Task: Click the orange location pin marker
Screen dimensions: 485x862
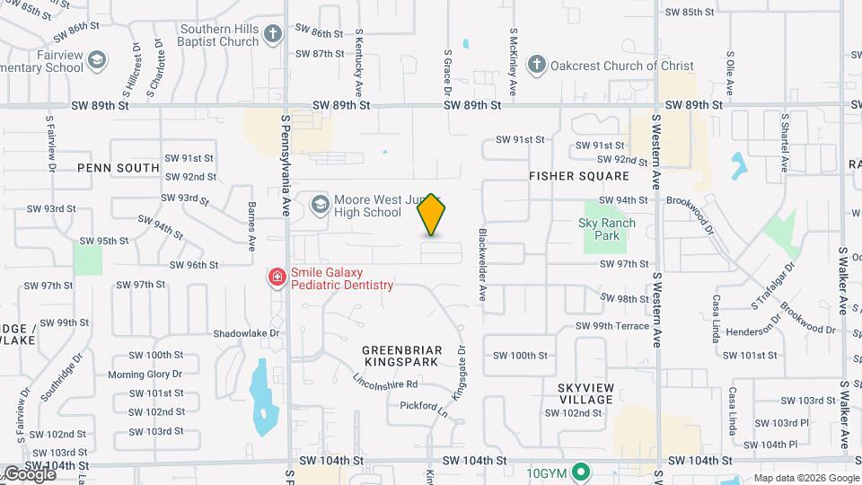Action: [x=432, y=215]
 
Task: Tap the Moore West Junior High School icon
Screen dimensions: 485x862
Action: [x=320, y=205]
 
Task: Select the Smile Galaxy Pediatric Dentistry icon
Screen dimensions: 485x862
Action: [x=277, y=278]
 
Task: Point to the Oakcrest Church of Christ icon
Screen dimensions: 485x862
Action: [x=536, y=65]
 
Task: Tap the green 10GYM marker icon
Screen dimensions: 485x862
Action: [x=581, y=471]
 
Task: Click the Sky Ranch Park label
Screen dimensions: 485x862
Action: [x=607, y=229]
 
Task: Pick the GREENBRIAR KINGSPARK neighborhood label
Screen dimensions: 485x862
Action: [x=400, y=355]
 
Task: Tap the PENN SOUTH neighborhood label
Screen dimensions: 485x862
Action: [x=118, y=168]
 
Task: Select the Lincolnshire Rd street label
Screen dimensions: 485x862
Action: [x=387, y=384]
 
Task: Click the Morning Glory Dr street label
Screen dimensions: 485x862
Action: [x=145, y=375]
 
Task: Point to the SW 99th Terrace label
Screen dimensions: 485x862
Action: [x=611, y=326]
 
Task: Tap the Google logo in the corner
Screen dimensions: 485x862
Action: [x=29, y=473]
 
